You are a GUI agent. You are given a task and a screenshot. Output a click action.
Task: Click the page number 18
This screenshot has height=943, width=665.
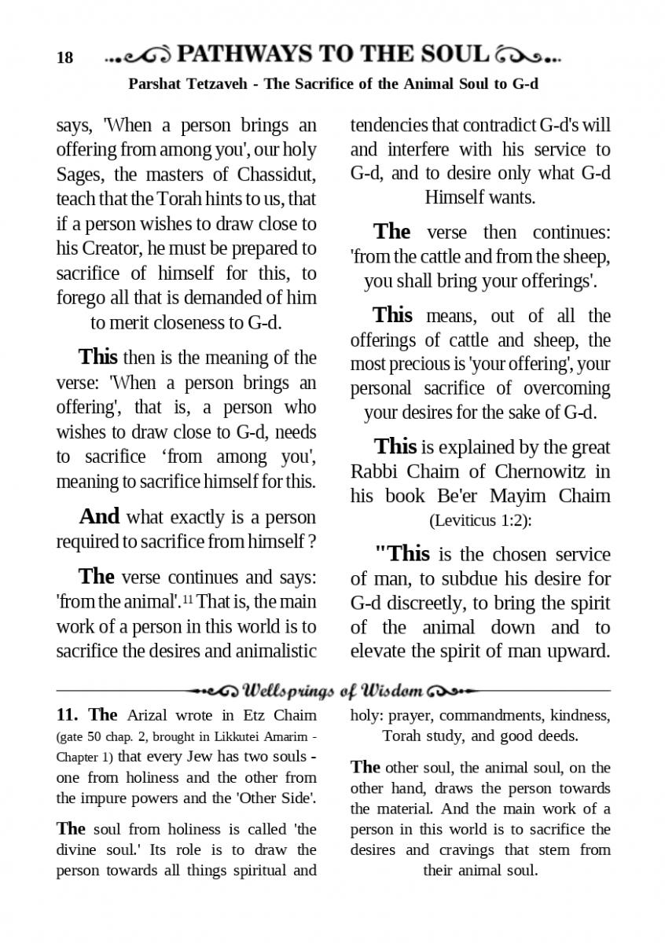(64, 58)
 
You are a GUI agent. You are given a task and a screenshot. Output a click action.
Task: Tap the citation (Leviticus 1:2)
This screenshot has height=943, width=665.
(479, 519)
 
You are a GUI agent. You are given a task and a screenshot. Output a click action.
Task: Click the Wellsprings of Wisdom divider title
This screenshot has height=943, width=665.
(333, 691)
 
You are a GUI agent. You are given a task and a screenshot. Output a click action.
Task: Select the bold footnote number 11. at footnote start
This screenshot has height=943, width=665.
(68, 715)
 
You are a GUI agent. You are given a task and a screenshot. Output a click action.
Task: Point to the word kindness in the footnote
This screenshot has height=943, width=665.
(580, 715)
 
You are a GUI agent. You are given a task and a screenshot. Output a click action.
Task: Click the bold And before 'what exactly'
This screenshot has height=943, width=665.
(99, 516)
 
